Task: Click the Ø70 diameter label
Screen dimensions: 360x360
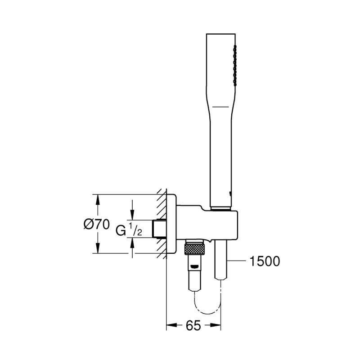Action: [97, 224]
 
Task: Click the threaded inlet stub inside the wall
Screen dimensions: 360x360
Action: [159, 229]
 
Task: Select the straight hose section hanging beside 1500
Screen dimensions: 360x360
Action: [221, 261]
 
